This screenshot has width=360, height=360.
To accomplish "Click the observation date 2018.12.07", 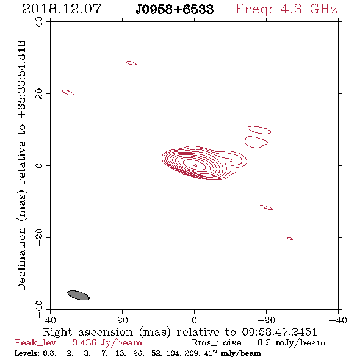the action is coord(62,9).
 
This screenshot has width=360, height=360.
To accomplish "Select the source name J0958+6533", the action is coord(175,9).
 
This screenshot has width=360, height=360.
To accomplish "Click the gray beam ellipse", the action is coord(78,295).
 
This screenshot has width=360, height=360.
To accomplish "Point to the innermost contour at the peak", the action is coord(194,165).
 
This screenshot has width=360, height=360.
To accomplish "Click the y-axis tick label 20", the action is coord(39,94).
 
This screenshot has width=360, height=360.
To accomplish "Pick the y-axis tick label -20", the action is coord(39,237).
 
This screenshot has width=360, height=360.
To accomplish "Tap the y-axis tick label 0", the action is coord(39,165).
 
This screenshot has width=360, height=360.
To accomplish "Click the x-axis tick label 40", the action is coord(51,320).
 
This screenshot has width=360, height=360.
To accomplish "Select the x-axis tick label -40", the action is coord(338,320).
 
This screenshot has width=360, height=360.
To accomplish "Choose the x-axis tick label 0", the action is coord(194,320).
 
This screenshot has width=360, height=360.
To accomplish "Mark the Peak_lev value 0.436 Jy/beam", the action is coord(107,343).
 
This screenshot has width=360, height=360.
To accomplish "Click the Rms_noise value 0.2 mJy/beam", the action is coord(292,343).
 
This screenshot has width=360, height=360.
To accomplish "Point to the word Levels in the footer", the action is coord(23,353).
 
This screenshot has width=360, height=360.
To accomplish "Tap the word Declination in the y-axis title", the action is coord(21,259).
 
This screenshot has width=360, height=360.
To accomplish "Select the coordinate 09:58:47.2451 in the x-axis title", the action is coord(279,332).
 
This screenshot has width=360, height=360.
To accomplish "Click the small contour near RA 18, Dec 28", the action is coord(131,63).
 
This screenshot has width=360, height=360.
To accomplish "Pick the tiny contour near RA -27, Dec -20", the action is coord(290,239).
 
